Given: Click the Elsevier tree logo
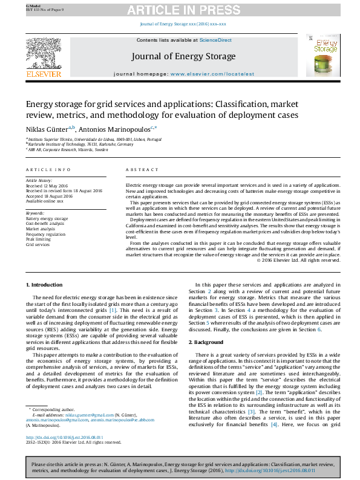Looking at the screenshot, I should [43, 53].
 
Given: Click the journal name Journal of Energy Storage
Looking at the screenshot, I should [183, 56].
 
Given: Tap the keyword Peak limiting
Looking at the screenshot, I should [39, 239].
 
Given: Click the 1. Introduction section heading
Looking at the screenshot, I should [46, 284].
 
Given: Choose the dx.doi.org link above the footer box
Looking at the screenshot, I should [65, 437].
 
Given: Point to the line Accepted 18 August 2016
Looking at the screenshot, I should [50, 196].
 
